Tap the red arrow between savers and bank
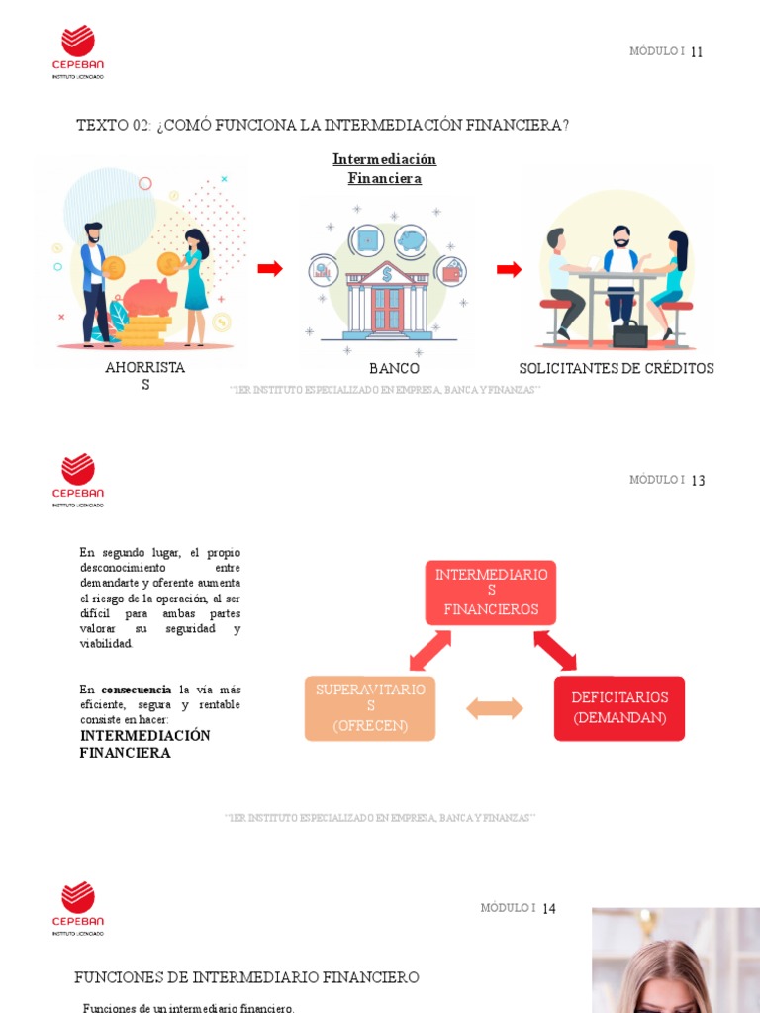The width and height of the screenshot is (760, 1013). (x=270, y=269)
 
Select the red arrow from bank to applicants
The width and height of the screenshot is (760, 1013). (x=509, y=269)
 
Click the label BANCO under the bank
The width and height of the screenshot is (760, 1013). (x=394, y=369)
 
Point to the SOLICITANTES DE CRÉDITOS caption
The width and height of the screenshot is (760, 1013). (x=616, y=369)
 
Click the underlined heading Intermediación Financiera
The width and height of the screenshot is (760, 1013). (x=384, y=169)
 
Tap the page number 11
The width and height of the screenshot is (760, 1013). (x=697, y=52)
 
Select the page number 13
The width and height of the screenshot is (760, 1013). (x=698, y=481)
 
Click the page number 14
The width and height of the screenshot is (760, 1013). (x=549, y=909)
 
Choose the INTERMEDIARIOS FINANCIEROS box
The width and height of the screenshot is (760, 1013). (x=491, y=593)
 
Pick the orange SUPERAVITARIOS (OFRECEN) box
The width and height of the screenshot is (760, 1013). (x=370, y=708)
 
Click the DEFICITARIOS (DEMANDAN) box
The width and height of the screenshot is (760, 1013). (x=619, y=708)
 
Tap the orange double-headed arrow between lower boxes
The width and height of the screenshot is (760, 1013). (x=495, y=708)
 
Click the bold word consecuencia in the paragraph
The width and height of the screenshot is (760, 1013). (x=137, y=690)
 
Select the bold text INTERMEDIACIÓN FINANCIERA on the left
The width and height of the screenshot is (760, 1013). (x=144, y=744)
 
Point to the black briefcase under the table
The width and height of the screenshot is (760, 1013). (x=629, y=334)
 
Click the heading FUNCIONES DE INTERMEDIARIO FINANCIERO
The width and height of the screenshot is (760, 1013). (x=246, y=977)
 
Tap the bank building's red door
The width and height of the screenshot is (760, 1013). (x=386, y=309)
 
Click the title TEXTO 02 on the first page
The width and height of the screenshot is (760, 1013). (x=323, y=125)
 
